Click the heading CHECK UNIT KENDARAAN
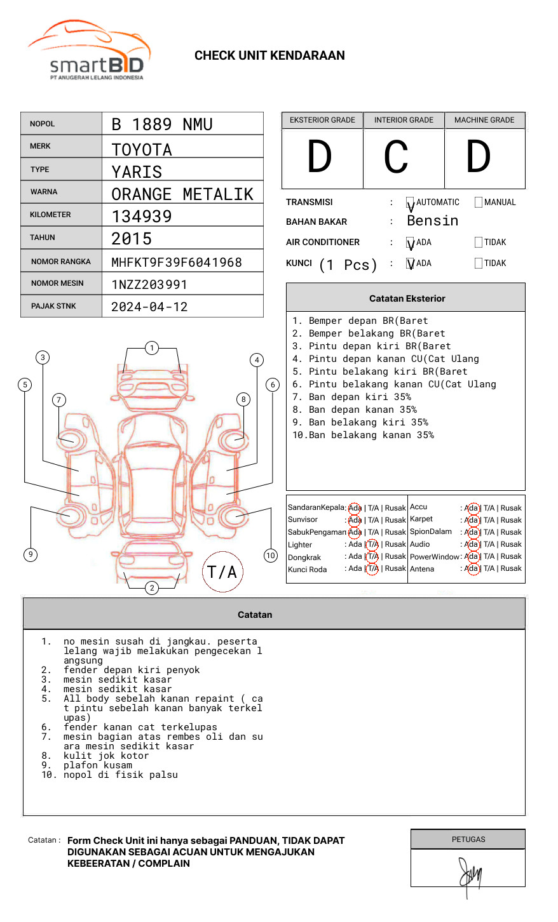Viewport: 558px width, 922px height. (269, 56)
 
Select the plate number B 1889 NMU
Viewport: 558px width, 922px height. (162, 124)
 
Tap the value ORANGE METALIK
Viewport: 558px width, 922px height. (182, 194)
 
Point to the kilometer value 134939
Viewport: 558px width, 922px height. (142, 217)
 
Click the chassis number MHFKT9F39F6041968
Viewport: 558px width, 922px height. (177, 262)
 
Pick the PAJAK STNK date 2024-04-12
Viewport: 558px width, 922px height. (149, 307)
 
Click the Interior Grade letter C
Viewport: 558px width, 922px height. (397, 157)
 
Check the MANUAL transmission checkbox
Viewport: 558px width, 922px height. (479, 203)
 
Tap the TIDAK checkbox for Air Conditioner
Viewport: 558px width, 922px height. (479, 243)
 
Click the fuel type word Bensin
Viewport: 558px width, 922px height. (432, 221)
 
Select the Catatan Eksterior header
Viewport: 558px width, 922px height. (407, 298)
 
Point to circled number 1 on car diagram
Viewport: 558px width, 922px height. (151, 348)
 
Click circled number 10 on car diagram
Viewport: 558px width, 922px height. (271, 556)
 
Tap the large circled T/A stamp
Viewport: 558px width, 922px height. (222, 572)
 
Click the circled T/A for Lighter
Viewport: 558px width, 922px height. (372, 544)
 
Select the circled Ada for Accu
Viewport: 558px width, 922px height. (472, 508)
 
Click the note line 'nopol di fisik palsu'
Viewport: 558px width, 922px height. (121, 775)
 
